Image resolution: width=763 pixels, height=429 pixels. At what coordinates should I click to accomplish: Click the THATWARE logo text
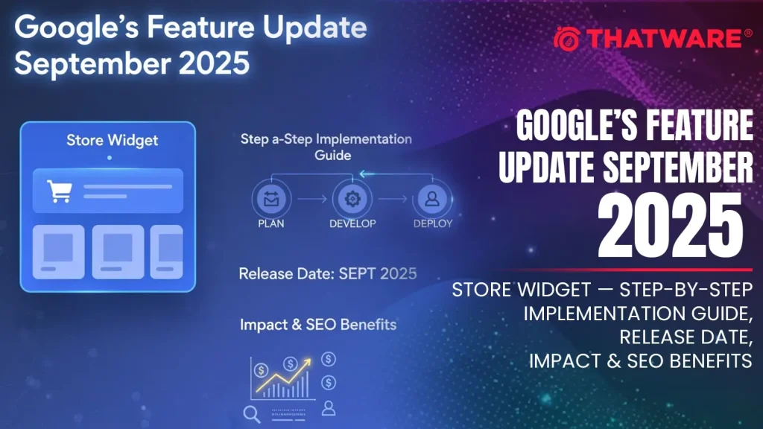coord(664,39)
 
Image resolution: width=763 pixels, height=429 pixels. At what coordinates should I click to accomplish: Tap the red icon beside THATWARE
coord(567,39)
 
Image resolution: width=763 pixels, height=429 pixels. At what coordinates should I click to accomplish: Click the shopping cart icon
coord(60,191)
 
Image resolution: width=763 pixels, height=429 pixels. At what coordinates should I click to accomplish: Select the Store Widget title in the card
coord(112,141)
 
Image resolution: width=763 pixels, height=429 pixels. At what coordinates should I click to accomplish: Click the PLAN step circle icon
coord(271,199)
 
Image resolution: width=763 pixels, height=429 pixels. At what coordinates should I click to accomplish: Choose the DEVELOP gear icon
coord(352,199)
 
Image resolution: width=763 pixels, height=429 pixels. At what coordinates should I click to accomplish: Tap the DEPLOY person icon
coord(432,199)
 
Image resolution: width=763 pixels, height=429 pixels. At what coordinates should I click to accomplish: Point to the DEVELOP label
coord(352,223)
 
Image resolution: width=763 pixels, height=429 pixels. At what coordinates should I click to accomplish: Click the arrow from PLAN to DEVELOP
coord(312,199)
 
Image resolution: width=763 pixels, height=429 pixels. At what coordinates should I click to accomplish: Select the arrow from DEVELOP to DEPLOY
coord(393,199)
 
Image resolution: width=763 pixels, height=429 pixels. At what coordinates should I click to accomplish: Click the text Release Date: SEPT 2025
coord(328,274)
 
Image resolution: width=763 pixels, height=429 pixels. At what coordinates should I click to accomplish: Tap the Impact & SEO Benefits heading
coord(318,325)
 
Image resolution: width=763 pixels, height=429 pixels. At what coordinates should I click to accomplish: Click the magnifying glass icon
coord(252,414)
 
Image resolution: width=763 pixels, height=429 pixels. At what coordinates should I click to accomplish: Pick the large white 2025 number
coord(671,225)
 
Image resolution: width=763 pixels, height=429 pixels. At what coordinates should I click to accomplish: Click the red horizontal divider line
coord(622,270)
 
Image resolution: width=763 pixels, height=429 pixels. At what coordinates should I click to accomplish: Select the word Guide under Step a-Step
coord(333,156)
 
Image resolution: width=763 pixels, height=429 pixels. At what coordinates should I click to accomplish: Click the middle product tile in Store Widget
coord(118,252)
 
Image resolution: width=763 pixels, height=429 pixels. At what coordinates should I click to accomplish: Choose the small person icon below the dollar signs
coord(329,408)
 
